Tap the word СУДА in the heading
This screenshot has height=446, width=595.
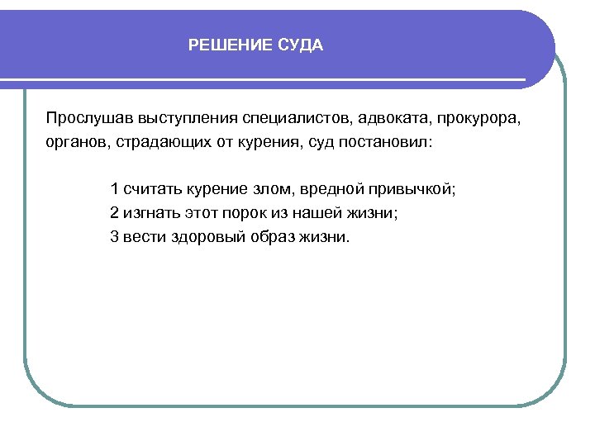pos(298,45)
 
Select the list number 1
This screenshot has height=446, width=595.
pos(114,188)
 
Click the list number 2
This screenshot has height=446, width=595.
pos(114,212)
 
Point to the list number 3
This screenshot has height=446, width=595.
pos(114,237)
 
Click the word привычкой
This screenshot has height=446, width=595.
pos(414,188)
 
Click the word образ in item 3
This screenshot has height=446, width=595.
pos(278,237)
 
